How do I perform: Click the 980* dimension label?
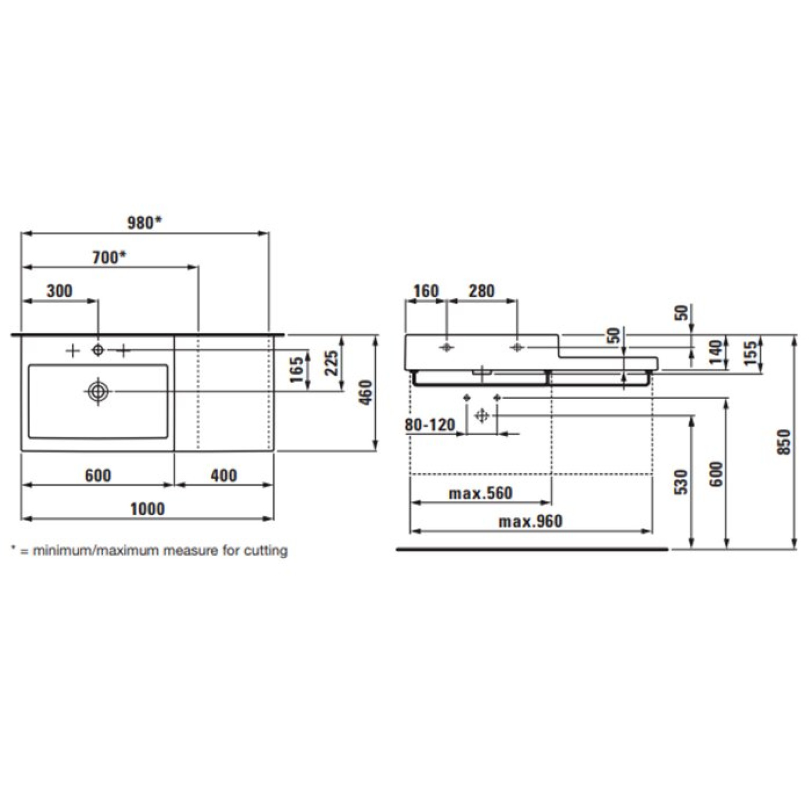tap(144, 223)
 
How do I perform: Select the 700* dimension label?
tap(109, 257)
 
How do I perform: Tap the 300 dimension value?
tap(59, 291)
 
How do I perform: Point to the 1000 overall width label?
tap(147, 509)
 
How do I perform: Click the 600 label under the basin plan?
tap(98, 475)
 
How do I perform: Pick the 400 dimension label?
tap(224, 475)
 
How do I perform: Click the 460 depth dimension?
tap(366, 392)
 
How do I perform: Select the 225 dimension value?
tap(331, 363)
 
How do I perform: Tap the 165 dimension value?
tap(297, 369)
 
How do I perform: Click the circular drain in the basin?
tap(98, 391)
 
